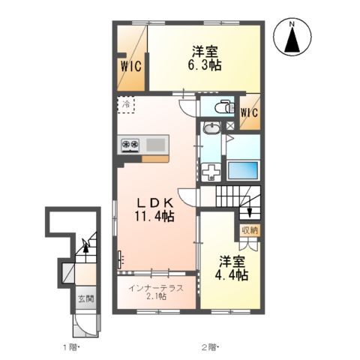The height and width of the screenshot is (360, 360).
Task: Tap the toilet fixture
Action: pos(224,106)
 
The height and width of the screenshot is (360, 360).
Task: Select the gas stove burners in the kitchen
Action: pos(130,145)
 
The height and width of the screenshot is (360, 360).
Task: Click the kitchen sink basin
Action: pos(156,145)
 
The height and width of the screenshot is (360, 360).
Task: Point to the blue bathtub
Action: pos(243,171)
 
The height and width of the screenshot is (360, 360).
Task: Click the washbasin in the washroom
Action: pos(211,128)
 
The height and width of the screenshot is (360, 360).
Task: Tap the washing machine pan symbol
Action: pos(211,172)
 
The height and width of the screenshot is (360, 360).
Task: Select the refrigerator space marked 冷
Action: pos(126,105)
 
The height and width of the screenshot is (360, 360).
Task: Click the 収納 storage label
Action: pos(249,230)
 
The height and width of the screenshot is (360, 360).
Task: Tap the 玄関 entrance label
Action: pos(85,298)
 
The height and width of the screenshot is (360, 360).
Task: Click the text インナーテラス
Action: pos(156,288)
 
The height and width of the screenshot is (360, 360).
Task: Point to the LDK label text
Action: pos(155,203)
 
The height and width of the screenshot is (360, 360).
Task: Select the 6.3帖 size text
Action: pos(205,65)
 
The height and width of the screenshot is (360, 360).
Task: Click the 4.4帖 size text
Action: pos(232,275)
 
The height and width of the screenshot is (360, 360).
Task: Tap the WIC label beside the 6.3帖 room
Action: pos(131,66)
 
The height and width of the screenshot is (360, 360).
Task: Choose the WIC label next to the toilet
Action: pos(249,112)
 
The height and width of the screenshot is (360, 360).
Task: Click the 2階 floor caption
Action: pos(210,347)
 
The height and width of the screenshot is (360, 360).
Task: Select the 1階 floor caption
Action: pos(70,347)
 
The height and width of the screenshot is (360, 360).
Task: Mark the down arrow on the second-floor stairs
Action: pos(249,209)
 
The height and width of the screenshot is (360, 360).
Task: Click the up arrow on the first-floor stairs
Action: pos(85,250)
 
